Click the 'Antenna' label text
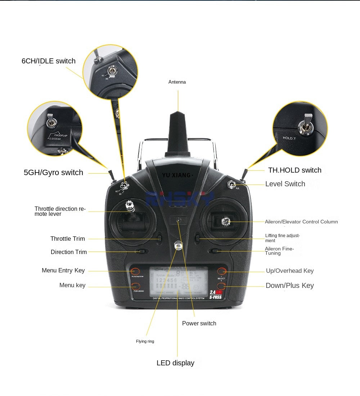[x=177, y=82]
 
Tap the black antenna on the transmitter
[x=177, y=133]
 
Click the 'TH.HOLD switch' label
[x=294, y=170]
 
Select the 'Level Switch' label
[x=285, y=184]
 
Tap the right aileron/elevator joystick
[x=226, y=221]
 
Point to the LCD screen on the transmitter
[x=179, y=282]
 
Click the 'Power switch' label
[x=199, y=324]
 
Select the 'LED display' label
[x=175, y=363]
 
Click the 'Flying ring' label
[x=145, y=342]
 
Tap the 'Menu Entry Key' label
[x=63, y=271]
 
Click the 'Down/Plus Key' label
[x=290, y=286]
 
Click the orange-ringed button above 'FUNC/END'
[x=135, y=286]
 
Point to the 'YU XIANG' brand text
[x=177, y=175]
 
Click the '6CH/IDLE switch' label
[x=49, y=61]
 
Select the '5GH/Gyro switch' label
[x=53, y=173]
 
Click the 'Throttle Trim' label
[x=68, y=239]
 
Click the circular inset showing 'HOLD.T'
[x=300, y=129]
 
